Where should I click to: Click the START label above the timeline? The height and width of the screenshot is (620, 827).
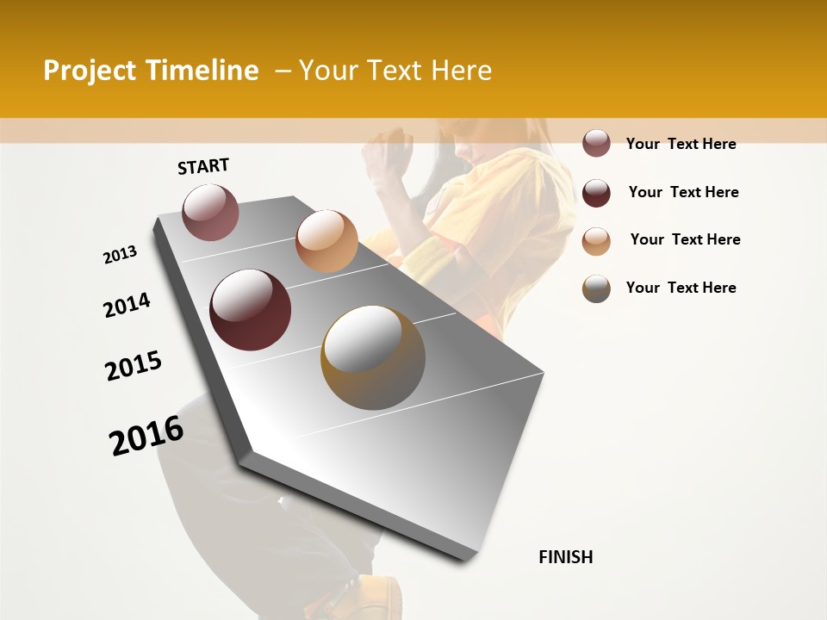pos(203,166)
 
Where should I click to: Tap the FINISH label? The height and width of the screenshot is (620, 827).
pos(565,557)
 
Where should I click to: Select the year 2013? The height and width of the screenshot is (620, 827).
pos(120,255)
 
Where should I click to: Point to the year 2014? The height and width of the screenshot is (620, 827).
pos(127,306)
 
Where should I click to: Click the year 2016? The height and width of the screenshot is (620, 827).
pos(146,436)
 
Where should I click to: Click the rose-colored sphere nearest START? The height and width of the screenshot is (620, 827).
pos(210,212)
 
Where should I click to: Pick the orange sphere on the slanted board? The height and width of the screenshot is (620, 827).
pos(326,241)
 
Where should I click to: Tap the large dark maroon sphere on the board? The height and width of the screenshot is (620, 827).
pos(251,310)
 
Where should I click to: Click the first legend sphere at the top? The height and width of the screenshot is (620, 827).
pos(596,144)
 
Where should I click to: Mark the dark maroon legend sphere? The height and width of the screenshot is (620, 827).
pos(596,193)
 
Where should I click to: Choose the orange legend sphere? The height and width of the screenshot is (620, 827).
pos(596,241)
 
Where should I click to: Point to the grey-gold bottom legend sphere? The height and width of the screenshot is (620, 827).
pos(596,288)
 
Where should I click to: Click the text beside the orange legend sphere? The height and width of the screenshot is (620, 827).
pos(685,239)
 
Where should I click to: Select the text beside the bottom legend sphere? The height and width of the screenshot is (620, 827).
pos(681,288)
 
